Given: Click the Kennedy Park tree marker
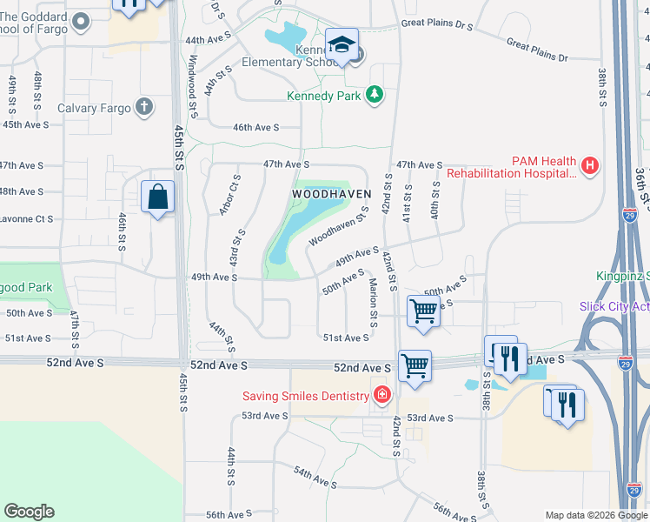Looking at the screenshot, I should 375,94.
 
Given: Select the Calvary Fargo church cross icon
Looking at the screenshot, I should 144,108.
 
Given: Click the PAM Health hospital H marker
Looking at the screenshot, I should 590,164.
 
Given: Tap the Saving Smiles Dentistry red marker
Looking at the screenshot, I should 381,396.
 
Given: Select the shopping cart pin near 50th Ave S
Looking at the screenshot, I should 423,310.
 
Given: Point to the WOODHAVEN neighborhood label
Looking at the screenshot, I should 331,193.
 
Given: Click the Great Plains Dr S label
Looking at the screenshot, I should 436,27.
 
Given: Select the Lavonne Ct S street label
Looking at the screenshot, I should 26,218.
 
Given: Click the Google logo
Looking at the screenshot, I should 29,512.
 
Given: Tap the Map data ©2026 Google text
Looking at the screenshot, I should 595,515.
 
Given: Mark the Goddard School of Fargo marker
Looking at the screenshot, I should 82,22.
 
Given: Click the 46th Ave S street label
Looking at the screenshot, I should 255,127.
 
